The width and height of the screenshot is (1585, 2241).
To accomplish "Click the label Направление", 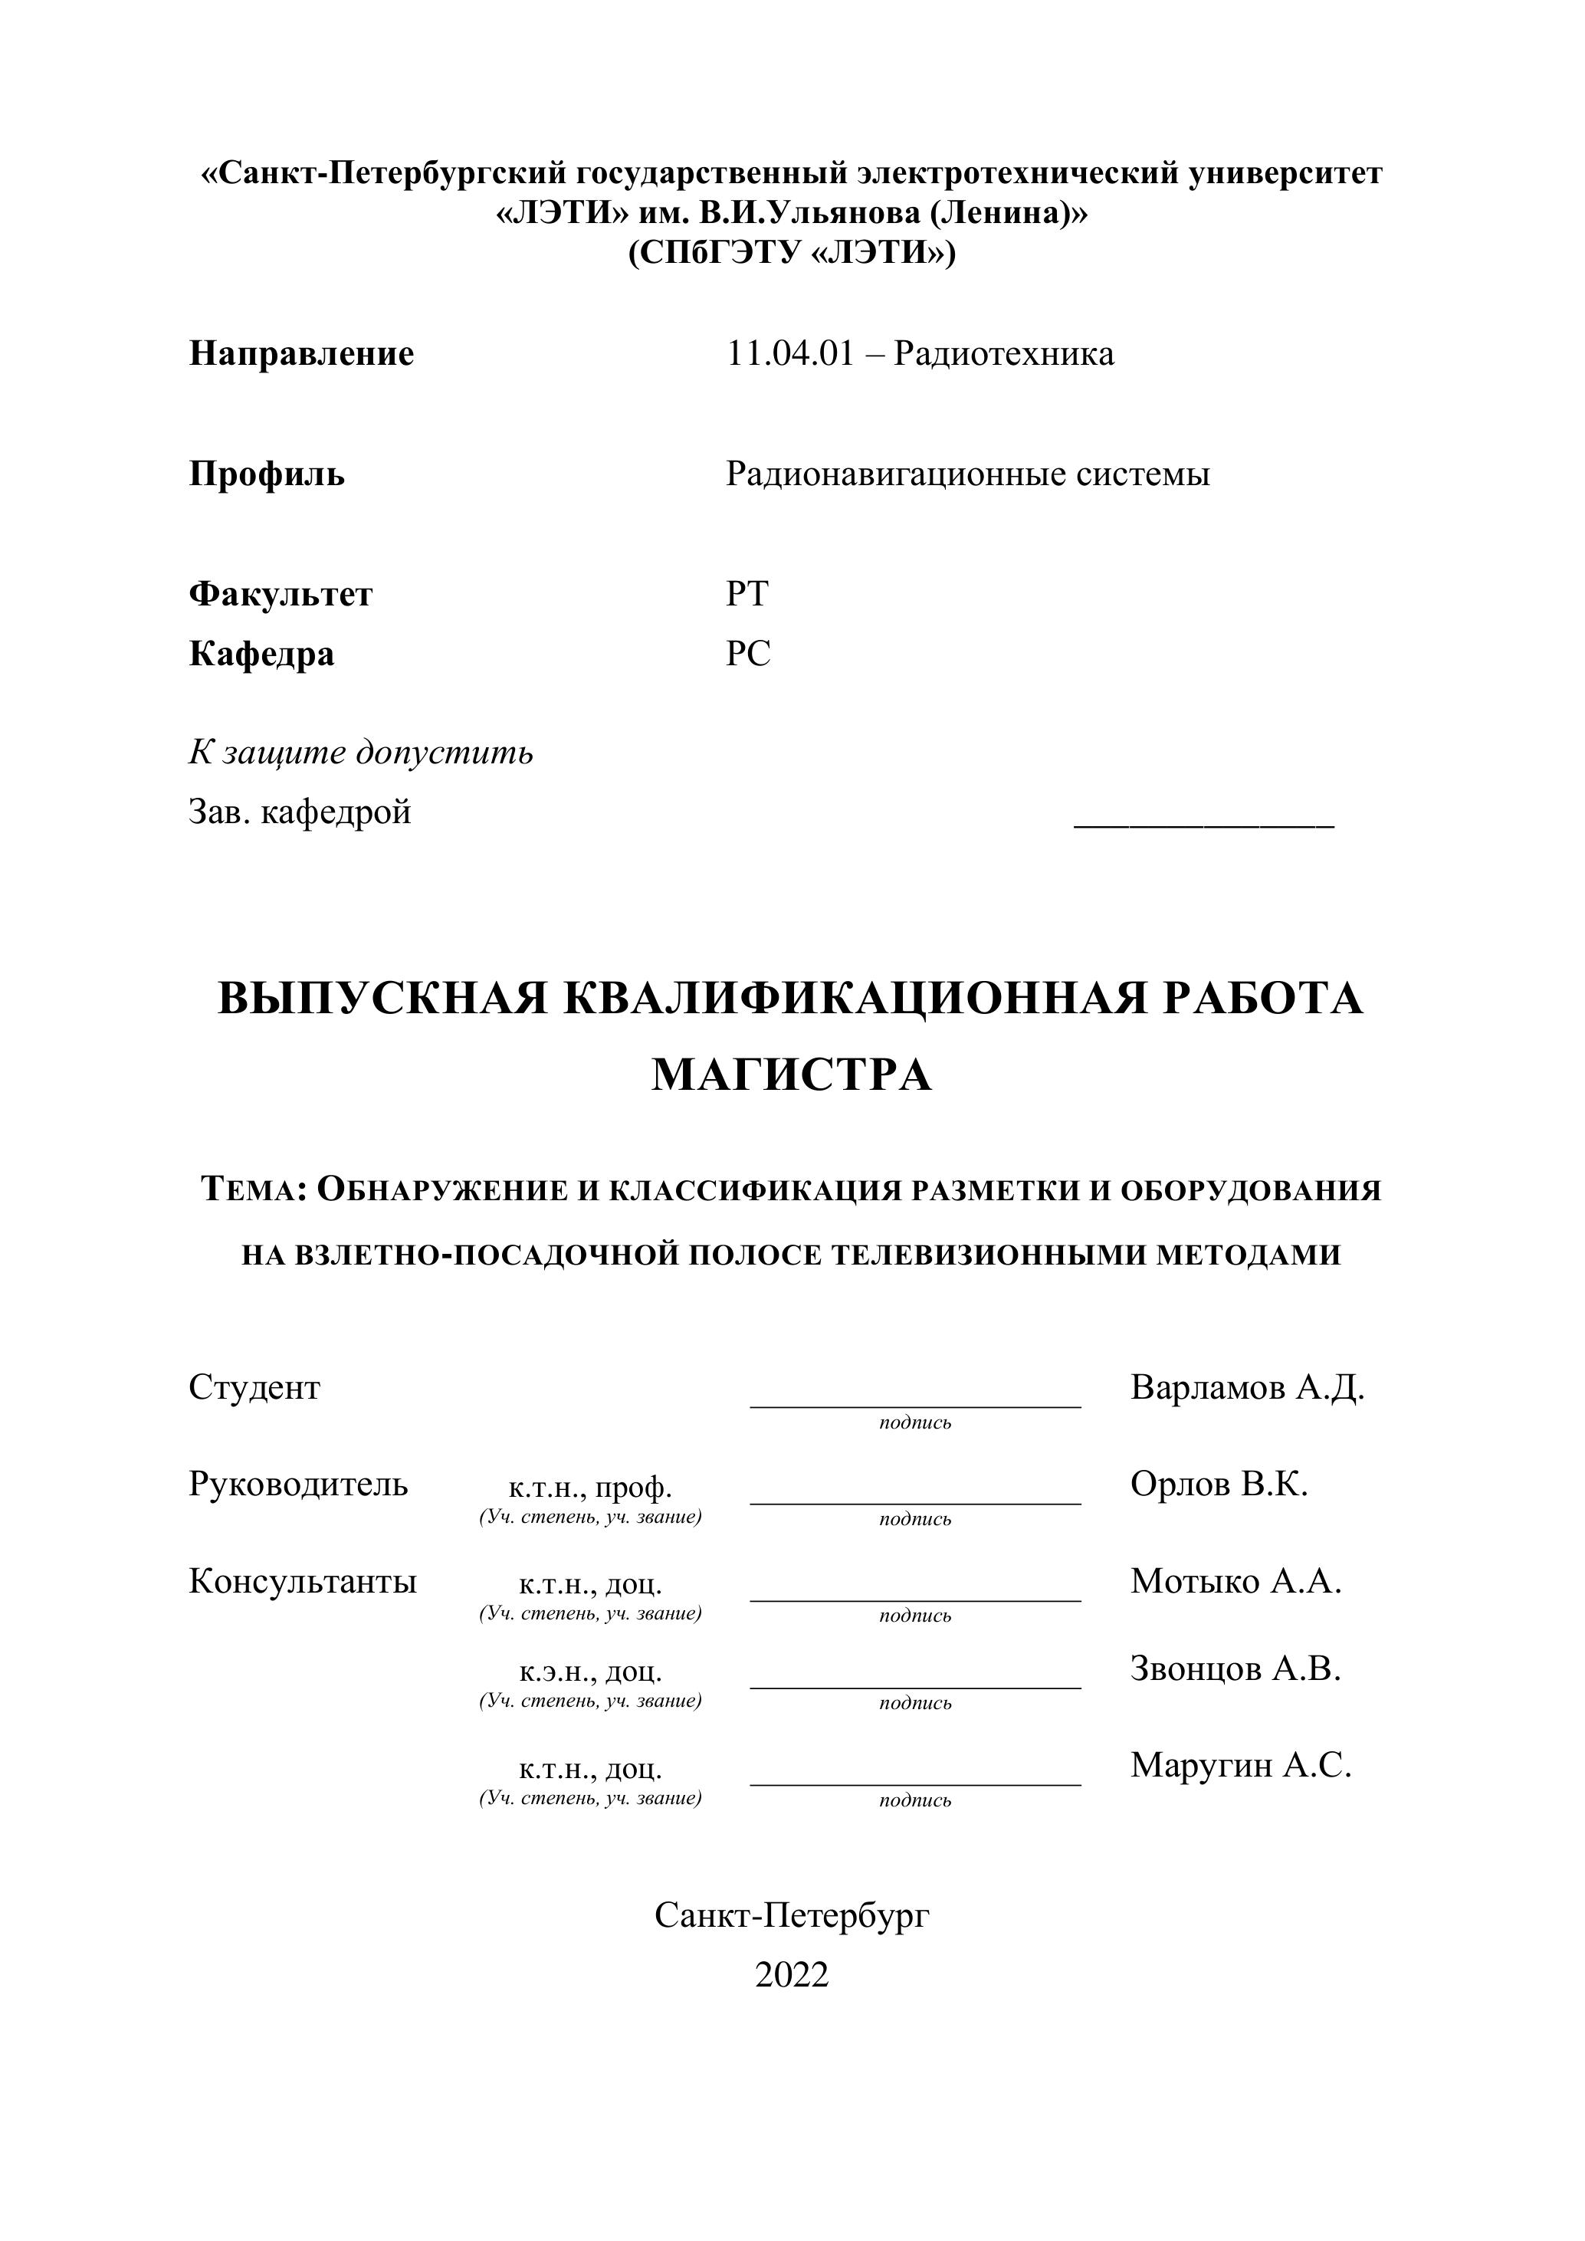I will tap(300, 353).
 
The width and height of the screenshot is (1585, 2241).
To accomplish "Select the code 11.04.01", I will tap(789, 353).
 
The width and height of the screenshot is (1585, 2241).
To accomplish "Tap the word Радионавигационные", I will tap(895, 474).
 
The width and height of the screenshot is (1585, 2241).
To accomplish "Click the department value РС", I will tap(747, 653).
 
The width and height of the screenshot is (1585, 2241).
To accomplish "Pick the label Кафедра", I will tap(261, 653).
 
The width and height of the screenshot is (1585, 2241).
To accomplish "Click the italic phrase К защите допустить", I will tap(360, 753).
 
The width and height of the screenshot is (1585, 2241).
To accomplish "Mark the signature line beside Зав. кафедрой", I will tap(1203, 825).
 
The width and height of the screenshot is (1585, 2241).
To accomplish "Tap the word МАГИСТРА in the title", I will tap(792, 1075).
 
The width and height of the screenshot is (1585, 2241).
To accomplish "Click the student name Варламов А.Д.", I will tap(1246, 1387).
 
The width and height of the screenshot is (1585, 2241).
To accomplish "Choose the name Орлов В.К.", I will tap(1218, 1484).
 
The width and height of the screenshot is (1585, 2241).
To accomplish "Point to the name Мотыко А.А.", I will tap(1236, 1580).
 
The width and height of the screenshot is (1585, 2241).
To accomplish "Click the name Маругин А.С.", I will tap(1239, 1765).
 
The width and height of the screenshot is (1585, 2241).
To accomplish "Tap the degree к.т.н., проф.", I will tap(589, 1488).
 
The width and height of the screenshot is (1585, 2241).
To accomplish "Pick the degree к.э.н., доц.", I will tap(589, 1672).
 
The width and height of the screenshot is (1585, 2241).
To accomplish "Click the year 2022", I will tap(792, 1974).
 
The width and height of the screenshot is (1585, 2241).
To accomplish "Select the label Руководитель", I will tap(297, 1484).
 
